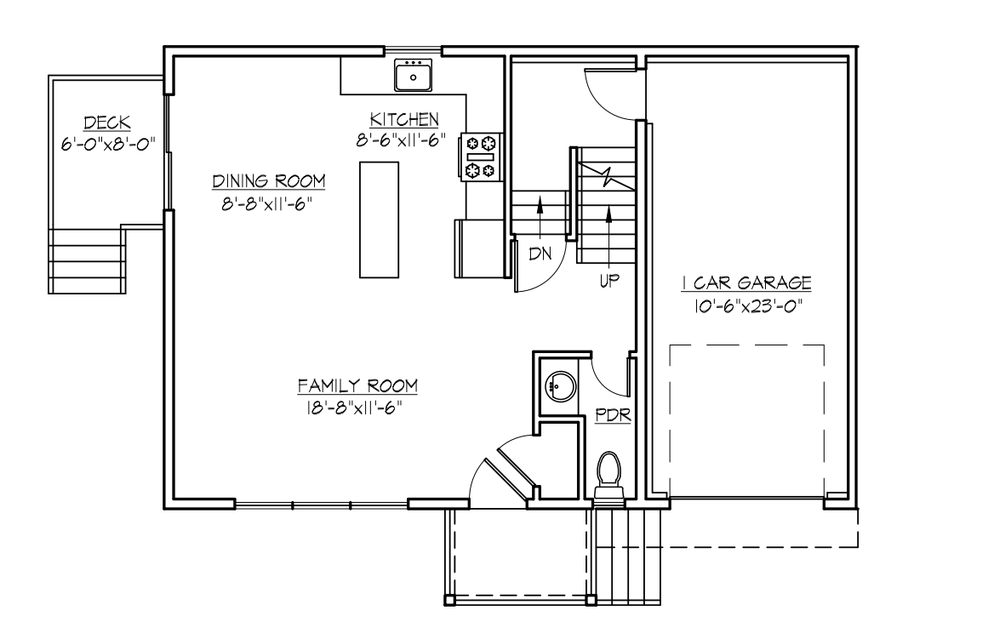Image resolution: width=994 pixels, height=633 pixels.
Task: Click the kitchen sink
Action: (414, 75)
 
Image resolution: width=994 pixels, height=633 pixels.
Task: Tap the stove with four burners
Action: (480, 157)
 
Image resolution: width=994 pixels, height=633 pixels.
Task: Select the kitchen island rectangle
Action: (379, 220)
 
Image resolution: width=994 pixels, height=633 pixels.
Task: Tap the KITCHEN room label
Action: (403, 118)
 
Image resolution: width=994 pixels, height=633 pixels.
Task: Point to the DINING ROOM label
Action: (269, 181)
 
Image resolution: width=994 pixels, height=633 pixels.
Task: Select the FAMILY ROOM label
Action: (357, 386)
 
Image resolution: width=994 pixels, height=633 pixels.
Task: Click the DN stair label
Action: (540, 254)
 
